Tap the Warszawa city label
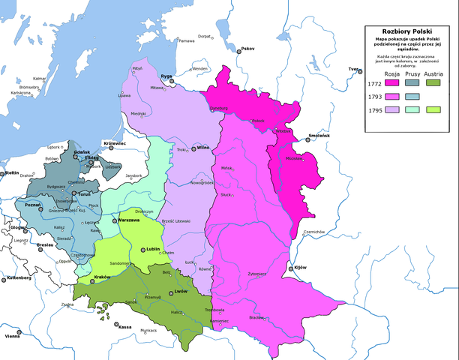pos(129,221)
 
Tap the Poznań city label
pos(34,203)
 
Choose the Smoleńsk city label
pos(319,136)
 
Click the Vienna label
pos(12,337)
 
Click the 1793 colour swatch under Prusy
pos(412,97)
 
